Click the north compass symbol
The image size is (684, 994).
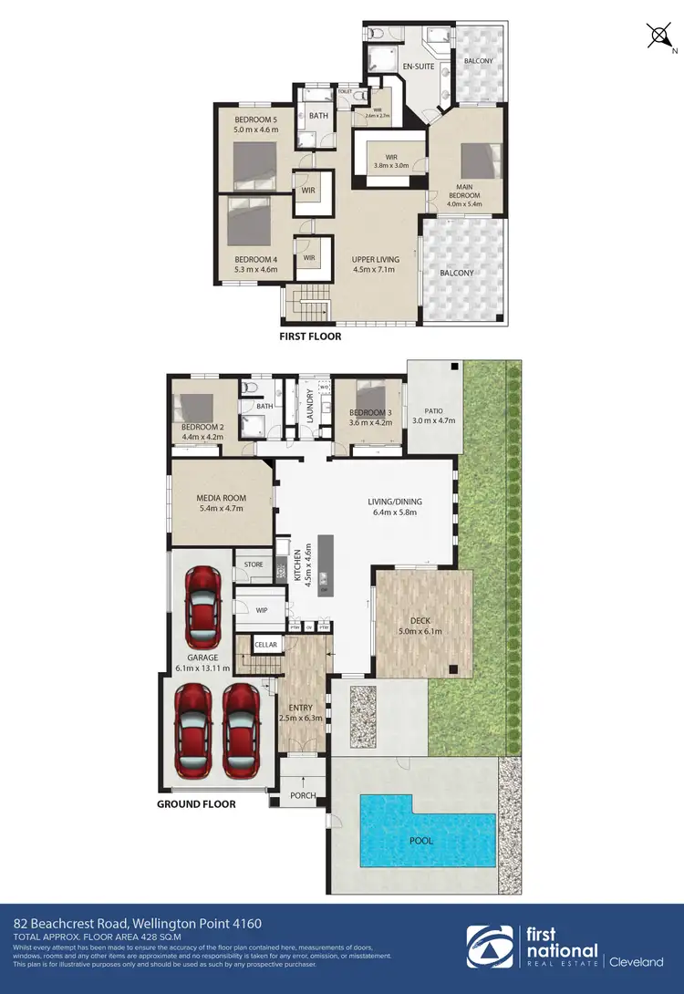[x=658, y=37]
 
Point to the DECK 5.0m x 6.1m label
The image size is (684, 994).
[x=420, y=626]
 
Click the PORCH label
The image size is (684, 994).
[x=303, y=795]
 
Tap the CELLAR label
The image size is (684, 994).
[x=265, y=645]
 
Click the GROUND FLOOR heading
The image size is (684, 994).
[x=196, y=804]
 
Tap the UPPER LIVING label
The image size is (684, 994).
[x=376, y=264]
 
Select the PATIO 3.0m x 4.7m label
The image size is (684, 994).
[x=432, y=415]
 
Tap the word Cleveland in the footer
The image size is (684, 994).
[x=637, y=961]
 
